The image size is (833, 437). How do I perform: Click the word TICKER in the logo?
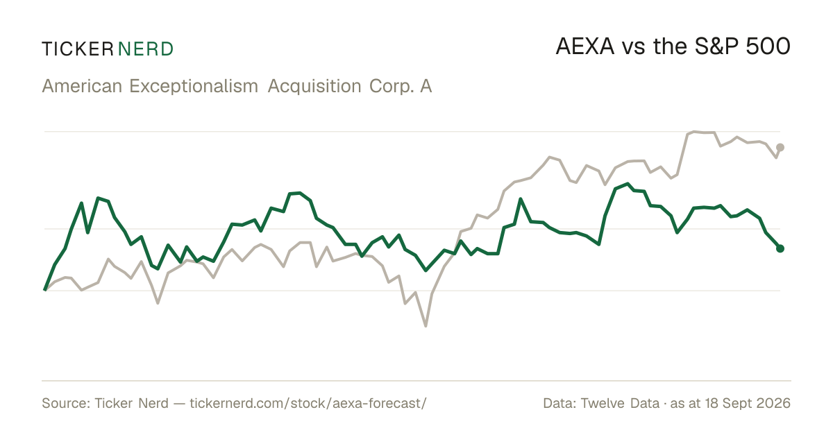click(x=77, y=49)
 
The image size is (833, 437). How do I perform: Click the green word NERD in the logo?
click(x=145, y=49)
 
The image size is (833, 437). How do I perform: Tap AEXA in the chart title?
click(x=585, y=46)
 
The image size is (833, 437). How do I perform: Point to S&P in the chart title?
click(x=716, y=46)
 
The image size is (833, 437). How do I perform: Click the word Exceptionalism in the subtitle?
click(x=194, y=87)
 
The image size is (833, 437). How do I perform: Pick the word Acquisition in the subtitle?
click(x=314, y=87)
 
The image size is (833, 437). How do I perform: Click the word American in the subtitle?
click(x=82, y=86)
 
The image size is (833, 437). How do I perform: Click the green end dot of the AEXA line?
click(x=780, y=248)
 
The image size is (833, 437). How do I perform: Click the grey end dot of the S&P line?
click(x=780, y=148)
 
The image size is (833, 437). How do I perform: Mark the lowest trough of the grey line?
click(x=426, y=326)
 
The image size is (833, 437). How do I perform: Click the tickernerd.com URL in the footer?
click(x=308, y=403)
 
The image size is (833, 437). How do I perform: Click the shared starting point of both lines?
click(x=45, y=290)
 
